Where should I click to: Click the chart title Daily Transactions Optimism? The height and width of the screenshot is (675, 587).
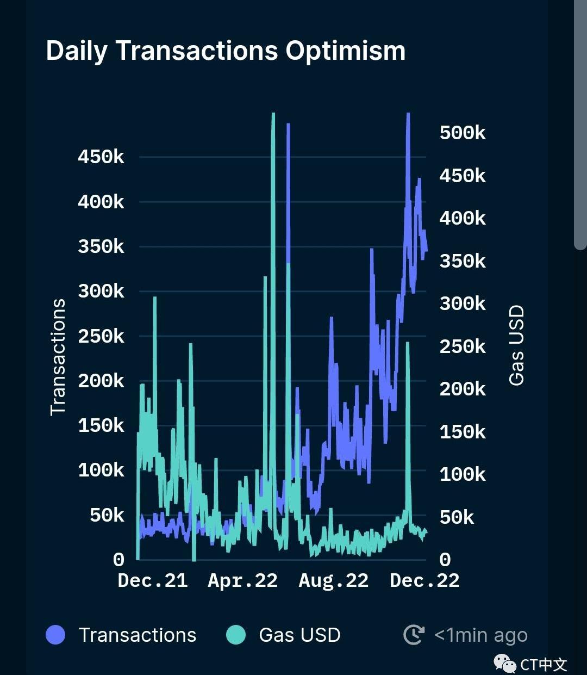[226, 51]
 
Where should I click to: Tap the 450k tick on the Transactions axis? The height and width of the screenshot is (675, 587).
[101, 157]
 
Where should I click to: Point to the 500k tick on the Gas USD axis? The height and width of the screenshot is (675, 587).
[463, 133]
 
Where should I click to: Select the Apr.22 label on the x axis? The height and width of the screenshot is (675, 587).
[242, 581]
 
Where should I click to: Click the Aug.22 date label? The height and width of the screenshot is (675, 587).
[333, 581]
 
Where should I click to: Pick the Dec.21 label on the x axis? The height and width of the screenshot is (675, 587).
[153, 581]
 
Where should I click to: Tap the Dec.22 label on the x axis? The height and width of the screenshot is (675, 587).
[424, 581]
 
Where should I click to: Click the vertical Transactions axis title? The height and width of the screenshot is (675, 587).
[58, 357]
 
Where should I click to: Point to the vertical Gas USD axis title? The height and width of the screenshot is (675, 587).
[516, 345]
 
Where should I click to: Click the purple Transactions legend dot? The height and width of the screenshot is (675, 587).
[55, 635]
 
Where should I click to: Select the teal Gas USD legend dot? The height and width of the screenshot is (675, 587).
[236, 635]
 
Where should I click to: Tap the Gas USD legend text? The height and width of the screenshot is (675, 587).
[299, 635]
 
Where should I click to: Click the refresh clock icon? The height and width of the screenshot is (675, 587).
[414, 635]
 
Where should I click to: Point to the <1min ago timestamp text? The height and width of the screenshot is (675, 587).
[481, 635]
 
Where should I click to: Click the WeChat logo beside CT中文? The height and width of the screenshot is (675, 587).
[504, 664]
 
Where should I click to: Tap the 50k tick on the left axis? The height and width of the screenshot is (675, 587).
[107, 515]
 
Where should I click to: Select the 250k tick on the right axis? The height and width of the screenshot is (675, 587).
[463, 346]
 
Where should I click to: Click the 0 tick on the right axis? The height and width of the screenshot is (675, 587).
[445, 560]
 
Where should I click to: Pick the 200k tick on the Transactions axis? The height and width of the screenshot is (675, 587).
[101, 381]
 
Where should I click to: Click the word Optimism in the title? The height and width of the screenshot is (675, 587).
[346, 51]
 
